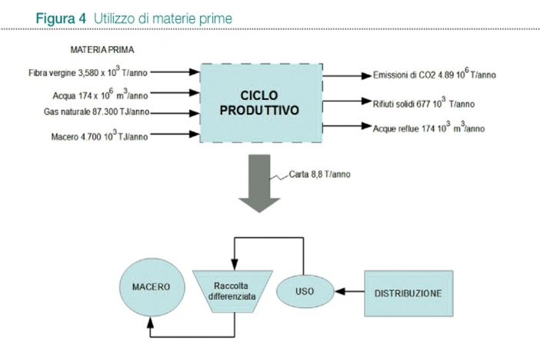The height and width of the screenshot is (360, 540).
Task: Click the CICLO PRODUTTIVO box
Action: coord(261,102)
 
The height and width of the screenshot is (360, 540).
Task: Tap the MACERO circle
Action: coord(152,288)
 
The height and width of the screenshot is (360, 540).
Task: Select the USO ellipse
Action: coord(305,291)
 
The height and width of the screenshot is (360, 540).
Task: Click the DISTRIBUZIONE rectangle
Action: coord(408,293)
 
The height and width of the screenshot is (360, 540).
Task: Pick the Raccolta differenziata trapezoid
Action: coord(232,292)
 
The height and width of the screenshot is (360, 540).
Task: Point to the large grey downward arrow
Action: coord(259,183)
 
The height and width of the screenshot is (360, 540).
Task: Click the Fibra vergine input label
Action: coord(88,72)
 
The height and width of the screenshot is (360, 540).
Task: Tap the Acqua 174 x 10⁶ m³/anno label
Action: coord(100,95)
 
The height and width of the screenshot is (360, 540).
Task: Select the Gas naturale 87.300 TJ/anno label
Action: coord(96,112)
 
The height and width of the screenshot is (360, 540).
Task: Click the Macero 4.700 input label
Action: coord(99,135)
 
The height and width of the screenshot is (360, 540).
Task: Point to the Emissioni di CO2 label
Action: coord(435,74)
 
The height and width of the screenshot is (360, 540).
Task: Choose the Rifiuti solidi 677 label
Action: coord(424,103)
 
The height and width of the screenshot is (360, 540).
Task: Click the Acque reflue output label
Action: coord(428,128)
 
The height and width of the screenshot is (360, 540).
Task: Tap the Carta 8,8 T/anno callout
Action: coord(319,175)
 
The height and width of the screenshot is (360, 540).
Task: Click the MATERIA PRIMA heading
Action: coord(102,50)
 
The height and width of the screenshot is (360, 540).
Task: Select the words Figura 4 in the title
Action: coord(61,18)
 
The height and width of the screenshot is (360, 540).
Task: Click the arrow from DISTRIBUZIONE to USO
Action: coord(349,292)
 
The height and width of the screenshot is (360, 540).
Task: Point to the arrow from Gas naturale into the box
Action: coord(175,113)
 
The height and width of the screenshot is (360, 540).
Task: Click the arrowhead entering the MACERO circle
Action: coord(150,322)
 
